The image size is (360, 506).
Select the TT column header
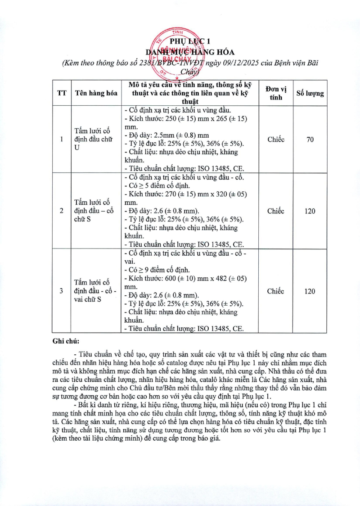(x=62, y=93)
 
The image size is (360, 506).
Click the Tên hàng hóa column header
(x=96, y=93)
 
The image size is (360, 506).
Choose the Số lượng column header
(x=310, y=93)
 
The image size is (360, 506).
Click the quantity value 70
(x=310, y=140)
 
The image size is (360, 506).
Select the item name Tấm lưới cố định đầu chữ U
(x=93, y=140)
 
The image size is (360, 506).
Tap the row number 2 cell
(x=62, y=211)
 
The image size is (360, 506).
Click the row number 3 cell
(x=62, y=291)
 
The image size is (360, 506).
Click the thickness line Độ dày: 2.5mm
(x=166, y=135)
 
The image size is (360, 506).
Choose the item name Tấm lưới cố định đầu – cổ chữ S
(x=93, y=211)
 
